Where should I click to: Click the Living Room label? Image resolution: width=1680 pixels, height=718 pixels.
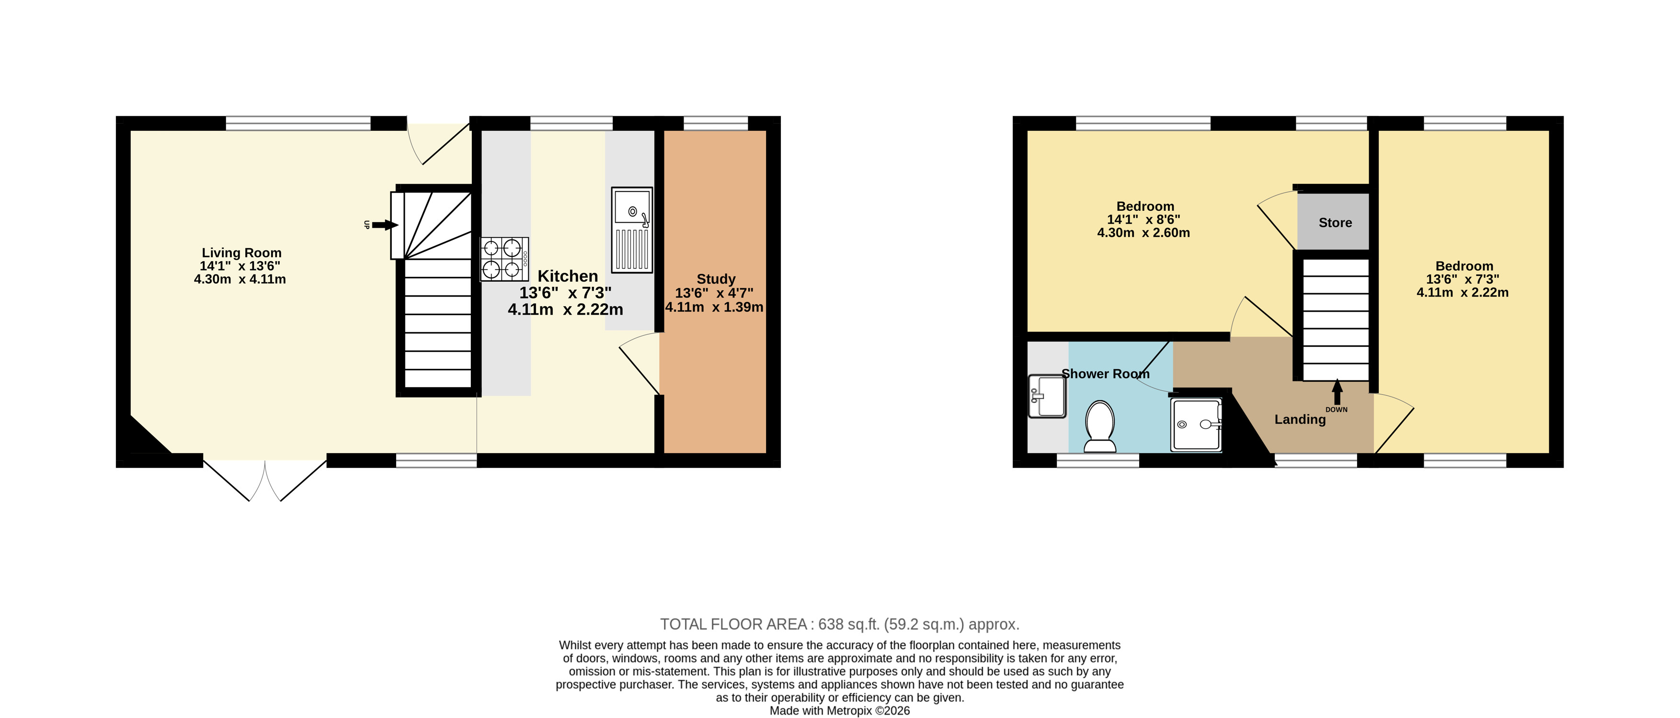241,252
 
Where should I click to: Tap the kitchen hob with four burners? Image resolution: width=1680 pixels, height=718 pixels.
504,259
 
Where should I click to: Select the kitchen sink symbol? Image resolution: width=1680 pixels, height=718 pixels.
632,229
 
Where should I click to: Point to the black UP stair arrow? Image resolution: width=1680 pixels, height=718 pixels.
385,225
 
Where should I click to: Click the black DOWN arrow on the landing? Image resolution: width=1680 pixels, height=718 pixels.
1337,392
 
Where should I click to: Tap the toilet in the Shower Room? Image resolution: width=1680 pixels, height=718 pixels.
1099,426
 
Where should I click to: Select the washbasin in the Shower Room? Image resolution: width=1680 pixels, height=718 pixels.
1047,396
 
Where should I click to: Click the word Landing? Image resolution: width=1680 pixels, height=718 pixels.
1300,419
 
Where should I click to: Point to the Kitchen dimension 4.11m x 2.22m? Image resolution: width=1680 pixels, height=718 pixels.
565,309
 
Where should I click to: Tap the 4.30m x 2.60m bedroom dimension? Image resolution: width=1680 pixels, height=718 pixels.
1143,233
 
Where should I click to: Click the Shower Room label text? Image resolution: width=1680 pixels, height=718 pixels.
1106,374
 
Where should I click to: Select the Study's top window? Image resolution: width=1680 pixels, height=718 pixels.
715,123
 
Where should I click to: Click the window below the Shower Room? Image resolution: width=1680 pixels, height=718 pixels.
1097,460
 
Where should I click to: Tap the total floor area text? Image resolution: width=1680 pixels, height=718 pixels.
839,624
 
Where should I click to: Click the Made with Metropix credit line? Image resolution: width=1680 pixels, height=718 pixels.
839,711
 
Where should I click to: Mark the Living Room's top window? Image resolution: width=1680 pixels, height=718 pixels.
298,123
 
